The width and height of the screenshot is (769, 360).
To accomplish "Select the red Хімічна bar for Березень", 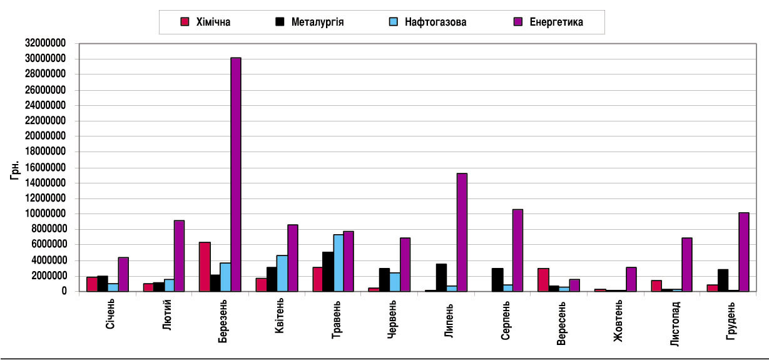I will tap(204, 266).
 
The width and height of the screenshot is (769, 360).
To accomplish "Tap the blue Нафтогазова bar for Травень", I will tap(338, 262).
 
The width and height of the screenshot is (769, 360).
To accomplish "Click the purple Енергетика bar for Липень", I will tap(462, 232).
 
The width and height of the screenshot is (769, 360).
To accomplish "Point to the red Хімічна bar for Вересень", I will tap(543, 279).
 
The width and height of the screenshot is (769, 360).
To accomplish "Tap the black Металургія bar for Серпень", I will tap(497, 279).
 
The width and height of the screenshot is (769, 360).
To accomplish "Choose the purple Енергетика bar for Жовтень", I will tap(631, 279).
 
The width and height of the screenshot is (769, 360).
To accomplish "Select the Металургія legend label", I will tap(317, 23).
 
